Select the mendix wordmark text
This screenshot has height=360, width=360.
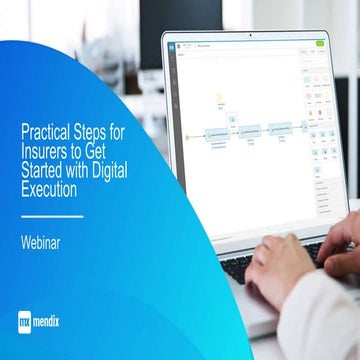click(x=59, y=322)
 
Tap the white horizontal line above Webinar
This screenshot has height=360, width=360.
click(x=52, y=215)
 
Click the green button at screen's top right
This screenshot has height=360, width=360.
click(x=320, y=44)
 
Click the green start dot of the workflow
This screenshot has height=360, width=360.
click(x=187, y=131)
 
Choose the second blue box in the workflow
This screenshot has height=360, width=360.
click(x=249, y=130)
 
